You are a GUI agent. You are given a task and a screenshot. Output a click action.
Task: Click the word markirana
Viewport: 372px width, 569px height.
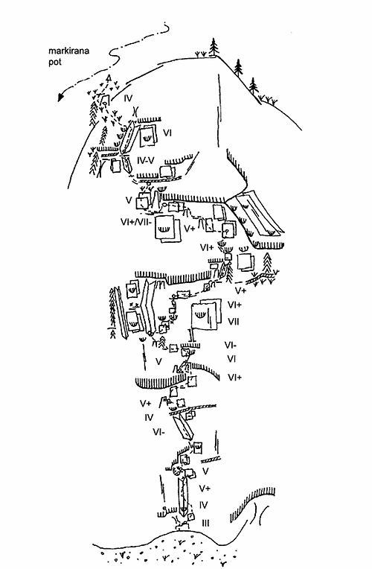[x=68, y=51]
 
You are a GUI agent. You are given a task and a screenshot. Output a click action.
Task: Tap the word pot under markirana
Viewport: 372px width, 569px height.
[x=55, y=62]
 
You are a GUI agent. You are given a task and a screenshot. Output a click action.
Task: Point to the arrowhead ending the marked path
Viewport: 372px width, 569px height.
[x=60, y=97]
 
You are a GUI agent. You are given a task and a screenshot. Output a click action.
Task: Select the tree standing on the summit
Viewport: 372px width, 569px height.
[x=214, y=47]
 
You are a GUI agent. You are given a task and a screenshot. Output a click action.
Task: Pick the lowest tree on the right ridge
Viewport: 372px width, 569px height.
[x=254, y=86]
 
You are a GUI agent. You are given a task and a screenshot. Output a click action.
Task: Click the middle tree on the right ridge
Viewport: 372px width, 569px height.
[x=238, y=67]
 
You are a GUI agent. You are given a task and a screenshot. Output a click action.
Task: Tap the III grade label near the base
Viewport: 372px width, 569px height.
[x=205, y=523]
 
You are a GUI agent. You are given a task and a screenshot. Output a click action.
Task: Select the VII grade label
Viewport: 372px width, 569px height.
[x=234, y=322]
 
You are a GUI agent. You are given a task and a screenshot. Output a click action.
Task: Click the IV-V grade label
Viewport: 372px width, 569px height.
[x=146, y=159]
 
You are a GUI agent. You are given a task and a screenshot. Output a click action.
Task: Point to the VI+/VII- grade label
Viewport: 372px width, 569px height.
[x=137, y=222]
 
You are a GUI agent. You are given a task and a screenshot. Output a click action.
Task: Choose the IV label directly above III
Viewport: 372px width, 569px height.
[x=203, y=505]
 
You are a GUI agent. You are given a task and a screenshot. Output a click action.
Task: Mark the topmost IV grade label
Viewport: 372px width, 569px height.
[x=129, y=98]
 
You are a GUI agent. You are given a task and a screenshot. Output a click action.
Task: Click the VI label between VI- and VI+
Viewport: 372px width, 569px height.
[x=231, y=359]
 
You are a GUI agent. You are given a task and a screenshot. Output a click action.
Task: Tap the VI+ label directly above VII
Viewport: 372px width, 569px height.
[x=234, y=305]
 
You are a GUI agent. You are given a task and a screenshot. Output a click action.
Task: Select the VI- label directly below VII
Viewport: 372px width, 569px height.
[x=231, y=345]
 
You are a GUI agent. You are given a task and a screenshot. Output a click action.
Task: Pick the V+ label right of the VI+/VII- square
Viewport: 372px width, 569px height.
[x=190, y=229]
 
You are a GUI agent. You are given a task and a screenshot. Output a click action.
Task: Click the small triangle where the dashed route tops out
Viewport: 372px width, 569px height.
[x=108, y=77]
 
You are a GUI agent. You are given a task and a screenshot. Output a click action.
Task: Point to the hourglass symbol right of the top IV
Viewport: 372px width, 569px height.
[x=135, y=110]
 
